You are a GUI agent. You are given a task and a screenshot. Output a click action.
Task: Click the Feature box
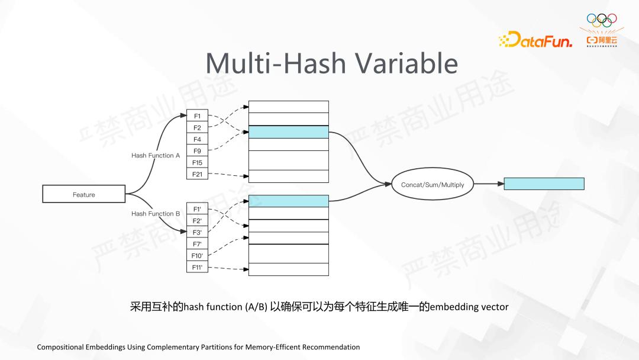83,194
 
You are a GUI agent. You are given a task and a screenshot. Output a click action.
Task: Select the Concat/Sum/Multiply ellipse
433,185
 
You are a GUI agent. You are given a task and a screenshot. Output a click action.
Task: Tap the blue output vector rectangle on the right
544,184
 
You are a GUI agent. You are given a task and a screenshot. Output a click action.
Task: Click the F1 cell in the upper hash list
197,116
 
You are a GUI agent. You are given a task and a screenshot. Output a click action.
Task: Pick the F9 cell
197,151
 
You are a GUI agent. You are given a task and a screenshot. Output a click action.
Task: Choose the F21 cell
197,174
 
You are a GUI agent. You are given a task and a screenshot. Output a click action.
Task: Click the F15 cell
197,163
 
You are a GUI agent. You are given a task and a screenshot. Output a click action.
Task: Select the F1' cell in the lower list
197,209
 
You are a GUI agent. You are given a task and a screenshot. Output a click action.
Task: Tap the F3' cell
197,232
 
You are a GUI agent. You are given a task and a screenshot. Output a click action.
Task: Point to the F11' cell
197,267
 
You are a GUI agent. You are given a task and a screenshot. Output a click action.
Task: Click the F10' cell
197,255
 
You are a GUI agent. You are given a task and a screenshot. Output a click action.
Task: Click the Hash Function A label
156,156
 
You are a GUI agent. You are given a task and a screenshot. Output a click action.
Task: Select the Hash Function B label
156,214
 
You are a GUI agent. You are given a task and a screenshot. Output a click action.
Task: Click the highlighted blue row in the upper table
288,131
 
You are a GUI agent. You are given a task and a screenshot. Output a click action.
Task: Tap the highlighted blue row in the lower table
288,201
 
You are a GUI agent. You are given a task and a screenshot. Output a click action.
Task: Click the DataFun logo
535,40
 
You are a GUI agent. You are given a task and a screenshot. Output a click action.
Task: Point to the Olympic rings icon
601,19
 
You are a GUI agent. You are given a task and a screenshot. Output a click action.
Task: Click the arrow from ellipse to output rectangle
489,184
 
